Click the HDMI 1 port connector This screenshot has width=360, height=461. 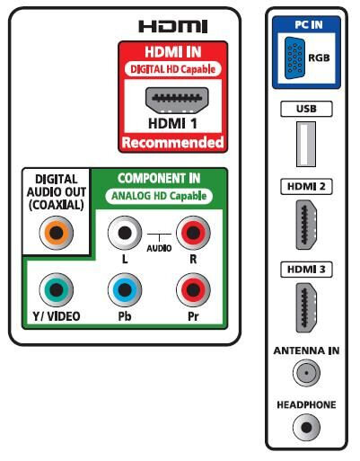tap(177, 101)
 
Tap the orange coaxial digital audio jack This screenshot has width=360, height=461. tap(57, 233)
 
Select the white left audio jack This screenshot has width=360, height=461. tap(125, 233)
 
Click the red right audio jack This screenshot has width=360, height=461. tap(193, 233)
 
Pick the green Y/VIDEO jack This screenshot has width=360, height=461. tap(57, 289)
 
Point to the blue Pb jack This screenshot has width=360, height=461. tap(125, 289)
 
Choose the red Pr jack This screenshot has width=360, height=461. tap(193, 289)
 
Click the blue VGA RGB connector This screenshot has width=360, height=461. tap(294, 58)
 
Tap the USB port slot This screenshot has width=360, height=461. tap(306, 144)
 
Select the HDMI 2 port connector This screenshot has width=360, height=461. tap(306, 225)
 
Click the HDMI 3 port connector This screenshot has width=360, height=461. tap(306, 307)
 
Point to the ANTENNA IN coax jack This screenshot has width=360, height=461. tap(306, 373)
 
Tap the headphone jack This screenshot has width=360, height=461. tap(306, 428)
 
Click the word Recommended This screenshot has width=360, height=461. tap(173, 143)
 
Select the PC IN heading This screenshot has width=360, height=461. tap(309, 24)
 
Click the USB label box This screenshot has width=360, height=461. tap(306, 109)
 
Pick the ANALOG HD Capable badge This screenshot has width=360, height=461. tap(159, 196)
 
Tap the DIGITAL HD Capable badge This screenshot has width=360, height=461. tap(173, 69)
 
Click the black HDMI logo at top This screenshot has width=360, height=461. tap(173, 26)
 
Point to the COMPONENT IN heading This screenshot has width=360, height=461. tap(159, 179)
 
